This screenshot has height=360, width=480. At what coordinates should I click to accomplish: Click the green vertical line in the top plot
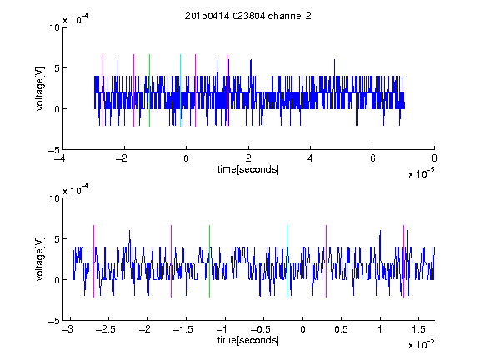tap(149, 90)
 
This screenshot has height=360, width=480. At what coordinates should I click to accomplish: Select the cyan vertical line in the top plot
tap(180, 90)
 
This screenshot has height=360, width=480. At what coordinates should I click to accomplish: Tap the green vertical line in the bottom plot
tap(209, 261)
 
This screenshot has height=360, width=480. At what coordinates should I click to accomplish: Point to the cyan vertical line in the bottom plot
tap(287, 261)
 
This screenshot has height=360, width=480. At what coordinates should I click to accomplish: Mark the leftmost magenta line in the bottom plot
tap(93, 261)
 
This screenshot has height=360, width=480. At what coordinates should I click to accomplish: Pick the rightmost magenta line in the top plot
tap(227, 90)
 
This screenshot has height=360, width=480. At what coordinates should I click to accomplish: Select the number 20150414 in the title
tap(207, 16)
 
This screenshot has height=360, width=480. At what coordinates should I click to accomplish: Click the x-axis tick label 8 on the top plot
tap(434, 158)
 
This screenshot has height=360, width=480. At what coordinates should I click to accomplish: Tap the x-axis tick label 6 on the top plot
tap(372, 158)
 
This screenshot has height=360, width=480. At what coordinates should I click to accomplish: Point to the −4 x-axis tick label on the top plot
tap(60, 158)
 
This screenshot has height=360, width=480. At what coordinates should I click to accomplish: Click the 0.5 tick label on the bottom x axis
tap(341, 329)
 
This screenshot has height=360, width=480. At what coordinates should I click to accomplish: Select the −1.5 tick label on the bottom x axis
tap(182, 329)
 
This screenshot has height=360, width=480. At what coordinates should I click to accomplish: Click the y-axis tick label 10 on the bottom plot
tap(54, 198)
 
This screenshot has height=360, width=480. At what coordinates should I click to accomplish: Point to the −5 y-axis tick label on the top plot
tap(54, 150)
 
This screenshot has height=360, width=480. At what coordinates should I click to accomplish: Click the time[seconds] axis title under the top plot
tap(248, 169)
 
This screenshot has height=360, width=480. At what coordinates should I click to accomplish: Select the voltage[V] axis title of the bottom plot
tap(40, 259)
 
